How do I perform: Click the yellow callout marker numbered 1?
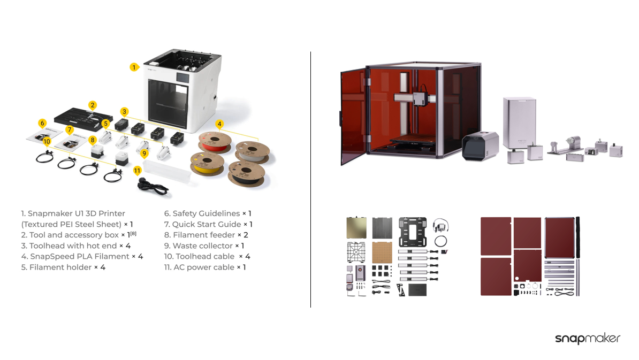pyautogui.click(x=134, y=67)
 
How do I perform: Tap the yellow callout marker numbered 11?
pyautogui.click(x=138, y=171)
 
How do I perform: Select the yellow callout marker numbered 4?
pyautogui.click(x=219, y=124)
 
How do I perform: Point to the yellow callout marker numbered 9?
pyautogui.click(x=144, y=154)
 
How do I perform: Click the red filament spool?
pyautogui.click(x=215, y=143)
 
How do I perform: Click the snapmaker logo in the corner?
pyautogui.click(x=587, y=339)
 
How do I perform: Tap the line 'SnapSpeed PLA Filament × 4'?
pyautogui.click(x=82, y=256)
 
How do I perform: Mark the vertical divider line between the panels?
pyautogui.click(x=310, y=179)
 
